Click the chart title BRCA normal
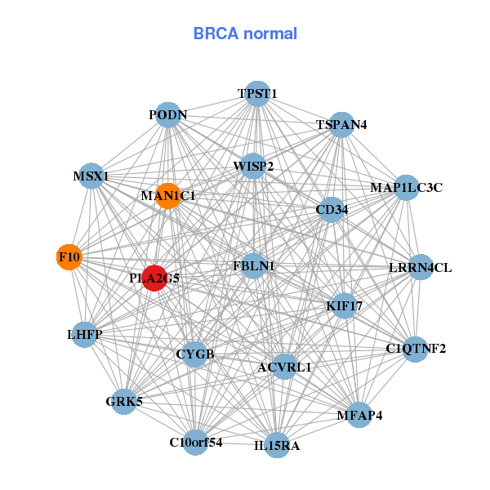(x=245, y=34)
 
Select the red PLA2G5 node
(x=154, y=278)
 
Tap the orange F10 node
(x=69, y=257)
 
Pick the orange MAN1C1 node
(x=167, y=196)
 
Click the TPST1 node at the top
(x=258, y=93)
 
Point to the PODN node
(x=168, y=115)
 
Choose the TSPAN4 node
(x=341, y=125)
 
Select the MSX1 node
(x=91, y=176)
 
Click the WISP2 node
(x=253, y=167)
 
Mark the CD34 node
(x=332, y=210)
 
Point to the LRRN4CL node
(x=420, y=267)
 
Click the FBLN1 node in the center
(x=253, y=265)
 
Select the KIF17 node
(x=344, y=305)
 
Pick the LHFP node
(x=85, y=334)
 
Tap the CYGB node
(x=195, y=354)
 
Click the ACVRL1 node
(x=284, y=367)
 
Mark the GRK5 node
(x=124, y=401)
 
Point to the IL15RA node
(x=277, y=445)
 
